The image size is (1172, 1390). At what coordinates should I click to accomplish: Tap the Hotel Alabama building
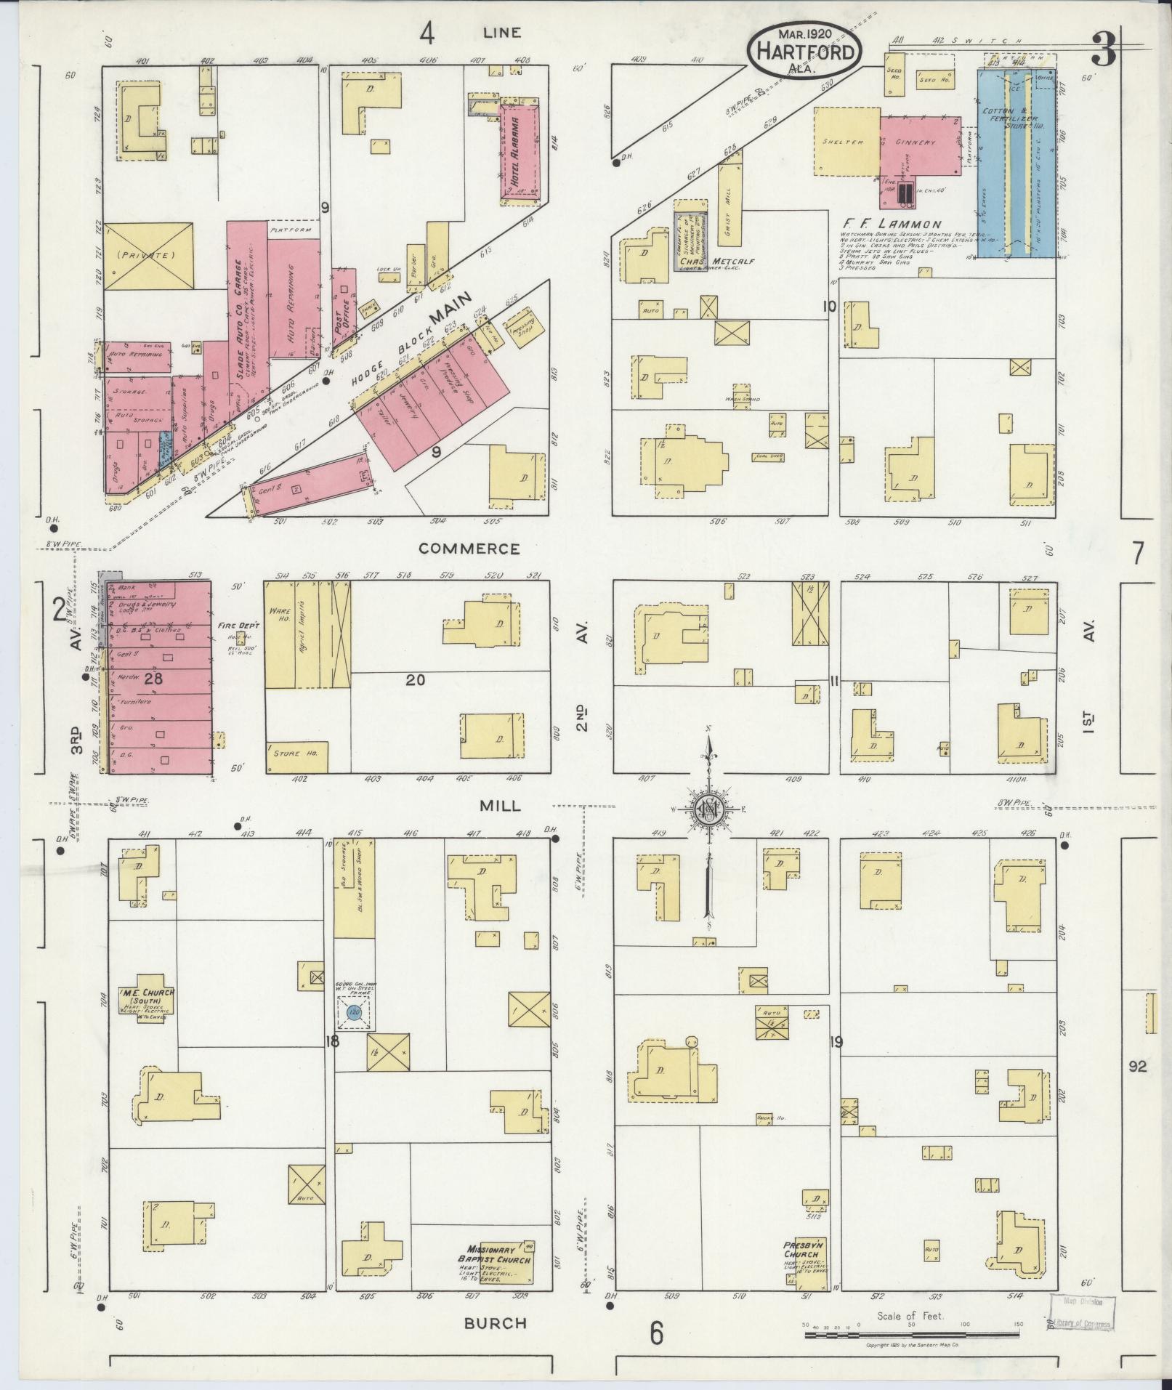click(x=520, y=151)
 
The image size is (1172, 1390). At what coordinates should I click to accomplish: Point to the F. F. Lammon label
click(x=892, y=225)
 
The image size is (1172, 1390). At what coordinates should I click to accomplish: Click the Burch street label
click(x=496, y=1322)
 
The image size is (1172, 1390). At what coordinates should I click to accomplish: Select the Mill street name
click(x=500, y=806)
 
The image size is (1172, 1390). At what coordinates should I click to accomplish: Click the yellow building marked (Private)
click(x=148, y=255)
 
